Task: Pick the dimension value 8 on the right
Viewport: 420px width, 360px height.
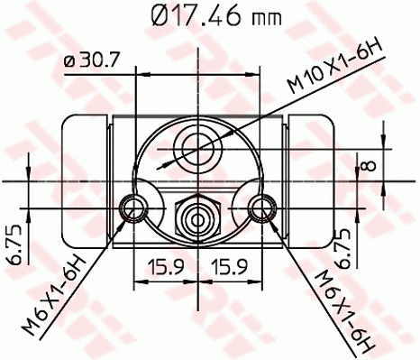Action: (x=369, y=165)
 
